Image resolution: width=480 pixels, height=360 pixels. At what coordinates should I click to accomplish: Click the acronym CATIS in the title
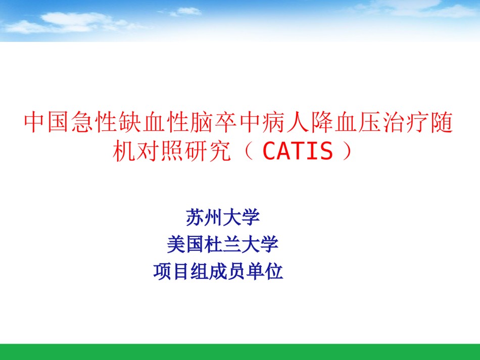pos(298,150)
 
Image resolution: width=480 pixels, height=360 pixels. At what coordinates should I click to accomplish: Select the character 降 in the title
pos(321,122)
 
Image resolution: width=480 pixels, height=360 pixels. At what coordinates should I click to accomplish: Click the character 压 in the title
pos(369,122)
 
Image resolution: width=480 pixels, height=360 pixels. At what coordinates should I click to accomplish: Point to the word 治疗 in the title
pos(405,122)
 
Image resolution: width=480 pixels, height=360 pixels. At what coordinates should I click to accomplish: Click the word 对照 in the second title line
pos(160,151)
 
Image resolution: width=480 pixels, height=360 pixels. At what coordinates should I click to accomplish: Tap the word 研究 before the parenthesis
pos(208,151)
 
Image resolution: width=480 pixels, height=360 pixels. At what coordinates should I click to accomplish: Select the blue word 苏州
pos(204,218)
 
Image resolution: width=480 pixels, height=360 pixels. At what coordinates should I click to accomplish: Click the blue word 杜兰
pos(222,244)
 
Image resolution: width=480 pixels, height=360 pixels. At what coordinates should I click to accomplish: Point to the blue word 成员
pos(227,271)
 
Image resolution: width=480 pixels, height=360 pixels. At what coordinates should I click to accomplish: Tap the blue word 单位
pos(265,271)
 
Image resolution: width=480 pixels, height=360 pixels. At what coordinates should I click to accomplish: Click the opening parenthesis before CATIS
pos(249,151)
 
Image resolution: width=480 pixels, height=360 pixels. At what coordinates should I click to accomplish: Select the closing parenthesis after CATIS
pos(347,151)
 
